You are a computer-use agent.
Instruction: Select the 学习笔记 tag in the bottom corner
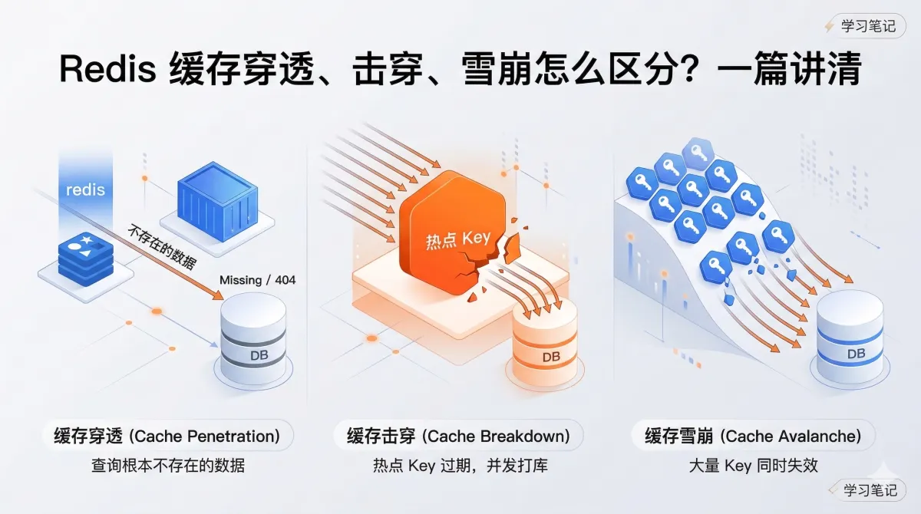pyautogui.click(x=870, y=489)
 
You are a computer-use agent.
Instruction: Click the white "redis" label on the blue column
pyautogui.click(x=85, y=189)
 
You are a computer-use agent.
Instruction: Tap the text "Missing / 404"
pyautogui.click(x=257, y=280)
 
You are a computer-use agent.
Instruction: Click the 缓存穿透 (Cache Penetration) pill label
pyautogui.click(x=167, y=436)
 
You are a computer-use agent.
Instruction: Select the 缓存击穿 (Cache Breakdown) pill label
pyautogui.click(x=458, y=436)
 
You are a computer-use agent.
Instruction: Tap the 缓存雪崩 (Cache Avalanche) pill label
pyautogui.click(x=752, y=436)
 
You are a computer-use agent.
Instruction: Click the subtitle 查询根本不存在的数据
pyautogui.click(x=167, y=465)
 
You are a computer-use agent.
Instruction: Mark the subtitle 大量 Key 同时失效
pyautogui.click(x=753, y=465)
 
